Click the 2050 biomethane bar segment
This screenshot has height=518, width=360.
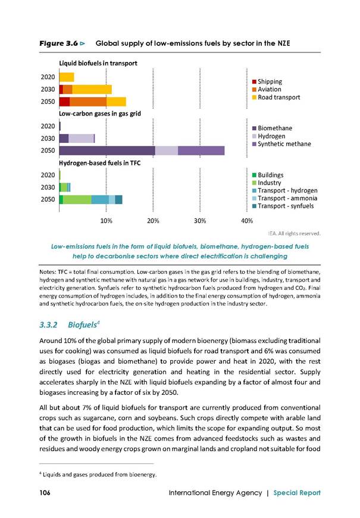point(107,150)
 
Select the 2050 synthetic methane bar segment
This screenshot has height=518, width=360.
point(201,150)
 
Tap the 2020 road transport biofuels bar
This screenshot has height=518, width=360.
point(67,77)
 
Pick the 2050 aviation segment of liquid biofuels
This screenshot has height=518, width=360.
point(88,101)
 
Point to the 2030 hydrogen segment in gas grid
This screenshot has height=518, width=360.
point(82,138)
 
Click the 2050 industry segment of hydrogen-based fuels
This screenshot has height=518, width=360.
point(77,199)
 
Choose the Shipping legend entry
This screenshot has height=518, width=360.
point(267,82)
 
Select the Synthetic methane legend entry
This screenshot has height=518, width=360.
point(281,144)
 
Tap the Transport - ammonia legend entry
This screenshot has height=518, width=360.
point(284,198)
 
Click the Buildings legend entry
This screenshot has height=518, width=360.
point(268,175)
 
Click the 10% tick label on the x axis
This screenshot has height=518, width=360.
point(107,221)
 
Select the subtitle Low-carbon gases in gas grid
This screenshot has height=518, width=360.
point(100,114)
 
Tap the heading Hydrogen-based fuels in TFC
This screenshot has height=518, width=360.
point(100,163)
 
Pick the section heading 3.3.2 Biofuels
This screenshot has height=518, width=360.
point(70,324)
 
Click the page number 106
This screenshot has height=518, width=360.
point(45,492)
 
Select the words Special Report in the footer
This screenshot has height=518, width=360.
point(297,493)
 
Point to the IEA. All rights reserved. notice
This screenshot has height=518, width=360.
point(295,233)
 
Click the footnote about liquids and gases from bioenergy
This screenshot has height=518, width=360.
point(98,475)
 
